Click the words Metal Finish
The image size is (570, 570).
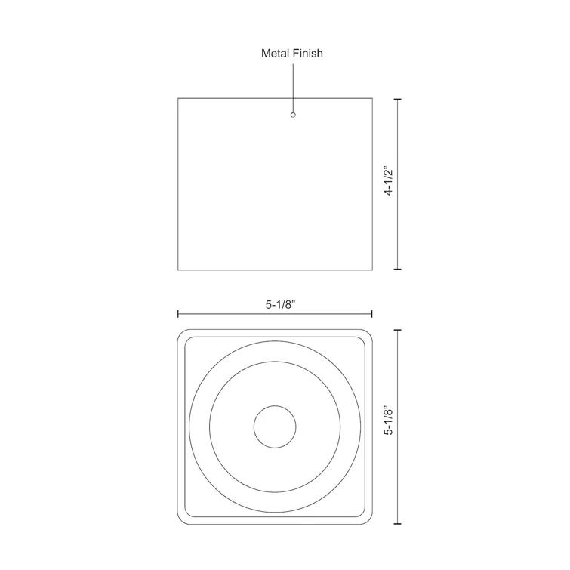coord(292,53)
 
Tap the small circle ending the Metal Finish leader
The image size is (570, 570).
coord(293,115)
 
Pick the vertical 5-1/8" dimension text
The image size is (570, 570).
coord(389,421)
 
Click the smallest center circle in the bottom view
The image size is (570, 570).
coord(275,427)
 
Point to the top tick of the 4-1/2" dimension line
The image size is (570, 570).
coord(398,98)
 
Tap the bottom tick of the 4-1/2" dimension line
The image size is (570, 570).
coord(398,269)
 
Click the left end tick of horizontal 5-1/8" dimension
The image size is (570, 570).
coord(178,314)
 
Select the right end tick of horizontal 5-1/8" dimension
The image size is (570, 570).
coord(372,314)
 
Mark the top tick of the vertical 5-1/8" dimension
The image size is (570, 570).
coord(398,330)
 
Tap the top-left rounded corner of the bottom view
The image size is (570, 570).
coord(183,334)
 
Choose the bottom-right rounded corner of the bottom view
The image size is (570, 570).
coord(368,519)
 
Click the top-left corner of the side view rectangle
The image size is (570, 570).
coord(178,98)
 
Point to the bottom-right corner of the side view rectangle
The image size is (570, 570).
coord(372,269)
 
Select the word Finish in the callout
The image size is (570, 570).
coord(307,53)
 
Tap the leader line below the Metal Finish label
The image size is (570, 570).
coord(293,87)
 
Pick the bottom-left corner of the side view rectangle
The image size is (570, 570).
coord(178,269)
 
